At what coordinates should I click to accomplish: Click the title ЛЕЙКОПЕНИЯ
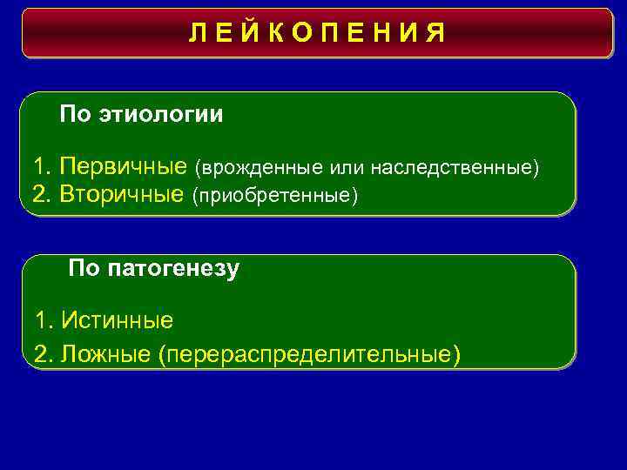point(317,34)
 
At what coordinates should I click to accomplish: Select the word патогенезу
point(174,269)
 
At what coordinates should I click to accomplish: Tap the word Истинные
point(118,320)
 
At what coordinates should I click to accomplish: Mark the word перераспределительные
point(309,354)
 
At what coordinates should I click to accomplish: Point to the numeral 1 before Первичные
point(38,165)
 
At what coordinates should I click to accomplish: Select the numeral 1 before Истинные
point(41,320)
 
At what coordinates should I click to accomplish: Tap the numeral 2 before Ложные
point(41,353)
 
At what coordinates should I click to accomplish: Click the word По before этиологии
point(74,114)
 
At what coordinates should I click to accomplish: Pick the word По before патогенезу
point(84,269)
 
